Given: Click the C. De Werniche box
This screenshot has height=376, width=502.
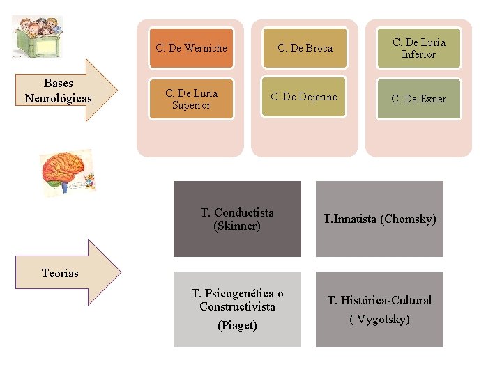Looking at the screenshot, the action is coord(191,48).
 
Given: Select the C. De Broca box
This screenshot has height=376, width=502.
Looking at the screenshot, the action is coord(305,48).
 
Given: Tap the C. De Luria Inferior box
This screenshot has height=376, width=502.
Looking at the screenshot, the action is coord(418,48).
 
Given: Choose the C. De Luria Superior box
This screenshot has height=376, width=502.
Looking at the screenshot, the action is coord(191,99).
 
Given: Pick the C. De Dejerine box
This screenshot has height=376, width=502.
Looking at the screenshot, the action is coord(305,97).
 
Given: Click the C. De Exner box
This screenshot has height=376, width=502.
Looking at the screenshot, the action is coord(418,99).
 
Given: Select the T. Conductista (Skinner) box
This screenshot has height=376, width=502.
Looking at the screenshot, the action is coord(237,219).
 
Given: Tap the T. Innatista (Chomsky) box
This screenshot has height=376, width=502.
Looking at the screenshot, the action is coord(379,219).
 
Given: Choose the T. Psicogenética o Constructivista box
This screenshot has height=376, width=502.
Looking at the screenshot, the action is coord(237,308).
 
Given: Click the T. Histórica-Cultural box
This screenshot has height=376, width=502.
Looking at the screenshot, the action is coord(379,308).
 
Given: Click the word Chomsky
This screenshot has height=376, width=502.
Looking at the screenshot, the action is coord(409,219).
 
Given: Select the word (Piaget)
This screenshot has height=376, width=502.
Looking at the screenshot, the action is coord(237,325).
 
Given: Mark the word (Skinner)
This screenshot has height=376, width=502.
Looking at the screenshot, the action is coord(237,226).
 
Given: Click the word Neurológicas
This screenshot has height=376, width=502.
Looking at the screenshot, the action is coord(58,97).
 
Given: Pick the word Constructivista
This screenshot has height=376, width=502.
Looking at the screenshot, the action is coord(237,307).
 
